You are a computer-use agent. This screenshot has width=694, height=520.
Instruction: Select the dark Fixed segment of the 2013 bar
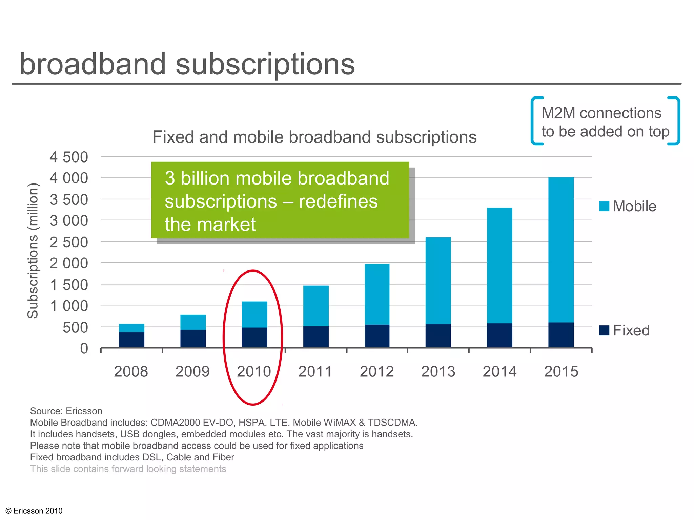[x=438, y=335]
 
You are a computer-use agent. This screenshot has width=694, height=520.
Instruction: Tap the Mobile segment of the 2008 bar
[x=131, y=328]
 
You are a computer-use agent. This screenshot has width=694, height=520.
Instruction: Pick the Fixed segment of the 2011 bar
[x=316, y=337]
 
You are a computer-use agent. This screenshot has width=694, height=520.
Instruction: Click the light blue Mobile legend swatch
[x=604, y=206]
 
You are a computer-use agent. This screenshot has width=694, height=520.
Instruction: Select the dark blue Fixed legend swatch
[x=604, y=330]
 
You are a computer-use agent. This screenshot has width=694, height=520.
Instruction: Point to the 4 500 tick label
[x=69, y=157]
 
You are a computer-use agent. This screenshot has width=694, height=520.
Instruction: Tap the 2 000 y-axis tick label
[x=69, y=263]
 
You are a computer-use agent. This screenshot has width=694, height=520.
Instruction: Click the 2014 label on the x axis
[x=499, y=372]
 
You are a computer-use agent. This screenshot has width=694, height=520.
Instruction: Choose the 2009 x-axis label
[x=192, y=372]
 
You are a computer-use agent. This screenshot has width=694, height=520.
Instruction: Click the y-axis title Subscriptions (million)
[x=33, y=251]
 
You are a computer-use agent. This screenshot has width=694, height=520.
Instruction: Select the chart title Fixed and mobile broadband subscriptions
[x=314, y=137]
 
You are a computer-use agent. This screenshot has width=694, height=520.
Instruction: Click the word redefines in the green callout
[x=338, y=201]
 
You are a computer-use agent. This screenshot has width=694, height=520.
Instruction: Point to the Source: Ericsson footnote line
[x=66, y=411]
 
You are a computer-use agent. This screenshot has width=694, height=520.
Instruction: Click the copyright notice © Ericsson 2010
[x=34, y=511]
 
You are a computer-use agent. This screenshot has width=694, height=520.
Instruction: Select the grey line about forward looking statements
[x=128, y=469]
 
